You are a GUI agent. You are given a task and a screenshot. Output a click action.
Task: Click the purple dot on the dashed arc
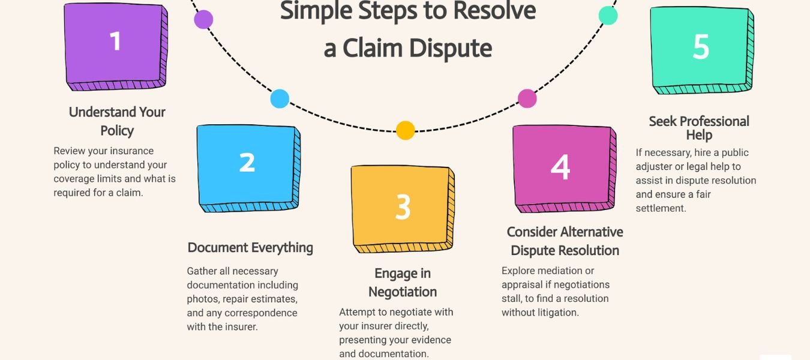203,19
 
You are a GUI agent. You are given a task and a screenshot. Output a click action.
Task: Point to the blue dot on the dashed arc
280,98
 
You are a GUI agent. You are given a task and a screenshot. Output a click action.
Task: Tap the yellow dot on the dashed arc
406,130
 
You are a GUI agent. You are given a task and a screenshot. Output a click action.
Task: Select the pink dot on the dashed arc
527,98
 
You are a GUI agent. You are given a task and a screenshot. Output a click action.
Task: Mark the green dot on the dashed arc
608,16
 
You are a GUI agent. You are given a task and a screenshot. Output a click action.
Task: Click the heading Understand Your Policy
117,121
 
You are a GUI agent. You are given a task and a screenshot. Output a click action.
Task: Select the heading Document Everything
250,248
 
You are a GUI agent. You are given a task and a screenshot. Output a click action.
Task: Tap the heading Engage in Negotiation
403,283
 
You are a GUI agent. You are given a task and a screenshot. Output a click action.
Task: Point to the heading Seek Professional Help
699,128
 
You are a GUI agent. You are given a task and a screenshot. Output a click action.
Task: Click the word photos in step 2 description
202,299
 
